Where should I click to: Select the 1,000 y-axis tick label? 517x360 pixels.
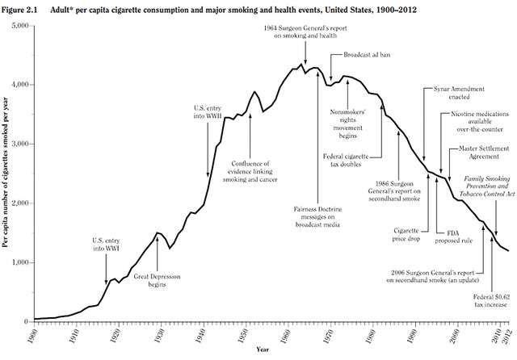pyautogui.click(x=19, y=262)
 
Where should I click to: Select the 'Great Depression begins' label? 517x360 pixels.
pyautogui.click(x=153, y=280)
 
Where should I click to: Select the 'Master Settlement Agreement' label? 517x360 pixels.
pyautogui.click(x=483, y=153)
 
